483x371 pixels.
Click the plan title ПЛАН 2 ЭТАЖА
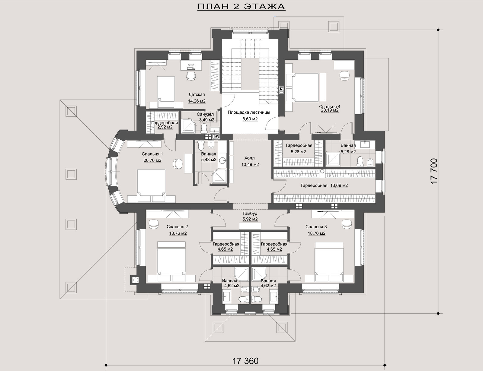coord(241,7)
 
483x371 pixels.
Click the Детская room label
coord(197,95)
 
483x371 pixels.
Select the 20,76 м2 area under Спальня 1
coord(152,160)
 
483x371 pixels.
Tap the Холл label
coord(249,158)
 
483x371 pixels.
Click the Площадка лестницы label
coord(249,112)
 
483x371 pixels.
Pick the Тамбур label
coord(250,213)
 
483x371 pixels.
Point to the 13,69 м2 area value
coord(339,185)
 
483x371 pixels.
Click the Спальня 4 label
coord(330,106)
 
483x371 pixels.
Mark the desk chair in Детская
coord(191,76)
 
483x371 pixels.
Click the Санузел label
coord(205,114)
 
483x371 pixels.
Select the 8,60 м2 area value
coord(250,119)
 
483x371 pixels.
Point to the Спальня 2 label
coord(177,227)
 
